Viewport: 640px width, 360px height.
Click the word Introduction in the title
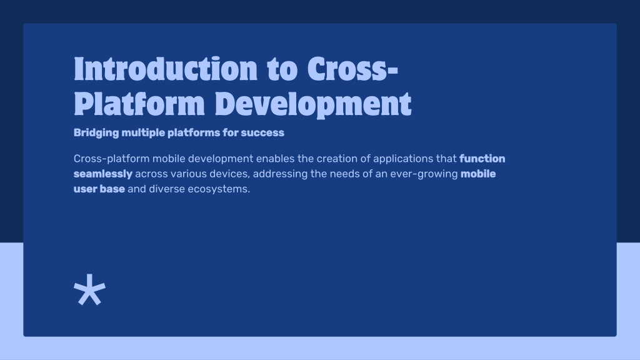tap(166, 68)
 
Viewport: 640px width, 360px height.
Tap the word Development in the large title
tap(313, 104)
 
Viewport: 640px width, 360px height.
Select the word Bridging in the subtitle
tap(96, 133)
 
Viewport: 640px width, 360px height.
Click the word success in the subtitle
tap(262, 132)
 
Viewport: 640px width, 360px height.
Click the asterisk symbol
tap(90, 289)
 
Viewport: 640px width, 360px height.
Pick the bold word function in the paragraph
tap(482, 158)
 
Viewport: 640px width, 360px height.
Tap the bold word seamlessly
tap(103, 174)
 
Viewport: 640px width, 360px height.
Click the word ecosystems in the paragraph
tap(219, 189)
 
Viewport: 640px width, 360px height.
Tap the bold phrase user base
tap(99, 189)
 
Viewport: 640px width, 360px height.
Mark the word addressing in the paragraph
tap(281, 174)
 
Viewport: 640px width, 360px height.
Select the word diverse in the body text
tap(167, 189)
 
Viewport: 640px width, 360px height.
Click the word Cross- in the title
tap(352, 68)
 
